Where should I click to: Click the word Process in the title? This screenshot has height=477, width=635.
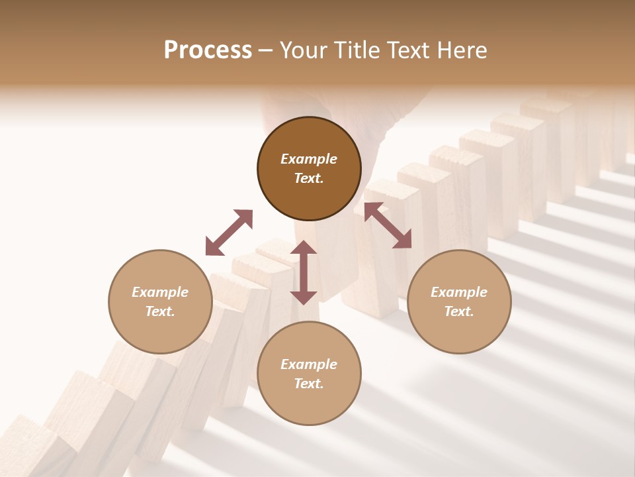click(x=208, y=50)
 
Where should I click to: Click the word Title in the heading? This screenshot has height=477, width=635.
click(x=357, y=50)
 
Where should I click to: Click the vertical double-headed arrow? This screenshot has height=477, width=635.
click(x=304, y=272)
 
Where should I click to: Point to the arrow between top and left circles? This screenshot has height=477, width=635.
click(x=229, y=233)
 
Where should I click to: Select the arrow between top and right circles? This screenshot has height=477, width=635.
click(x=388, y=225)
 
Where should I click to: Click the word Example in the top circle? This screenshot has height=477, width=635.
click(x=309, y=159)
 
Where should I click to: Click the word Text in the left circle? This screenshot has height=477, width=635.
click(x=160, y=311)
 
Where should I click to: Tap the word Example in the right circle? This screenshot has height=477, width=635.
click(x=459, y=292)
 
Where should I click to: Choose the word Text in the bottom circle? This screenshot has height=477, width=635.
click(x=309, y=384)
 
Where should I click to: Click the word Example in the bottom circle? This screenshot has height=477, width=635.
click(x=309, y=364)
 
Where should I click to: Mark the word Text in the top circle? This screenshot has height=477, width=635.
click(x=309, y=178)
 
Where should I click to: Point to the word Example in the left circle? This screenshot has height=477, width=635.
click(x=160, y=292)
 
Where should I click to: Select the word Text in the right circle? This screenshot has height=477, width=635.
click(x=459, y=311)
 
